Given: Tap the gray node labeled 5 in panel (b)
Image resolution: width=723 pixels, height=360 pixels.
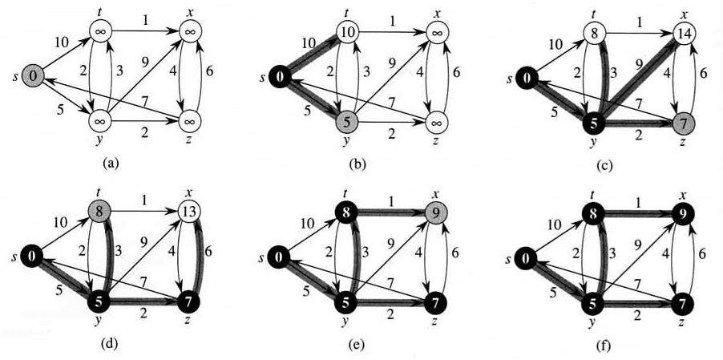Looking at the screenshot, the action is coord(347,123).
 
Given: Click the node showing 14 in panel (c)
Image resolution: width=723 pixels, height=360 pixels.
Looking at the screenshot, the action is coord(684,33).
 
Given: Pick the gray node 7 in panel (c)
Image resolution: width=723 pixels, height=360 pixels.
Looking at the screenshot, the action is coord(684,123).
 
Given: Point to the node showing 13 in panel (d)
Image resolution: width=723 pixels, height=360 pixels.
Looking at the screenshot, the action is coord(191,212).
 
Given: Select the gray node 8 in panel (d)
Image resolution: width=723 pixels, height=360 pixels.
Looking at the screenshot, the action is coord(99,212).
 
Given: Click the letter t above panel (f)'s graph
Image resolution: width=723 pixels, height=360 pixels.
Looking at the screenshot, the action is coord(591,193).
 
